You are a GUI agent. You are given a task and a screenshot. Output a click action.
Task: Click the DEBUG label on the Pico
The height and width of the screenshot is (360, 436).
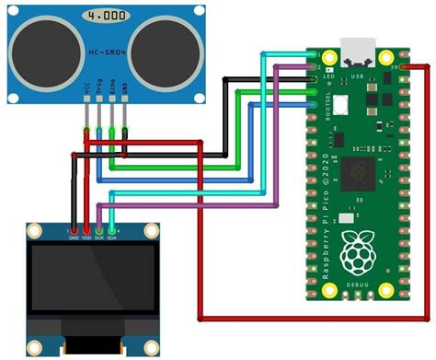pyautogui.click(x=356, y=286)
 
